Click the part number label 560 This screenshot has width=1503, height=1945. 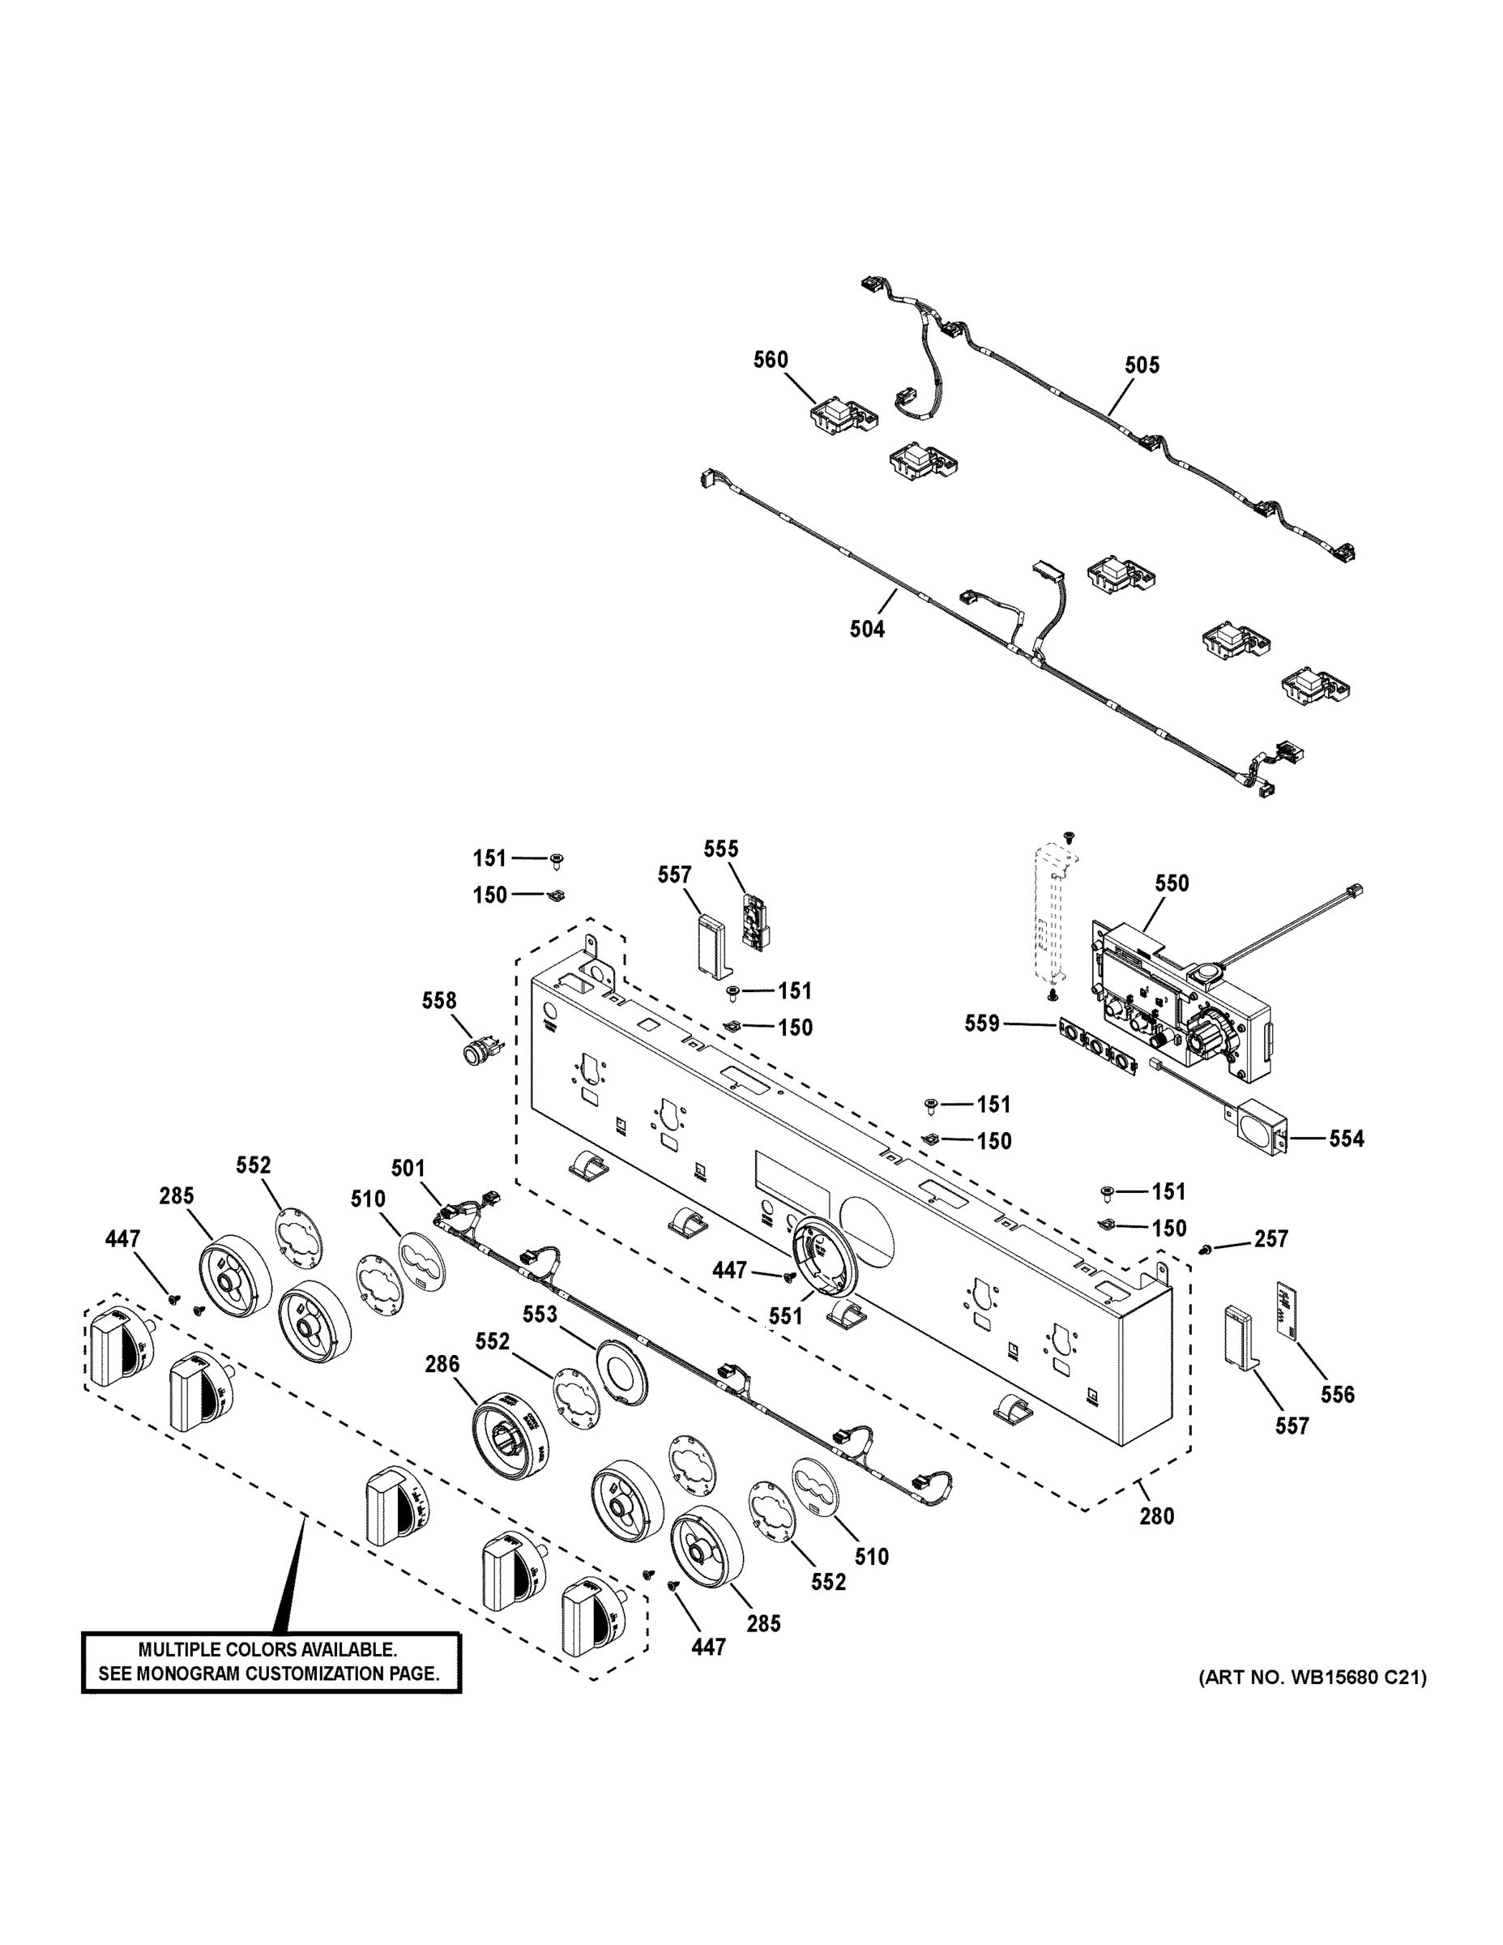[771, 360]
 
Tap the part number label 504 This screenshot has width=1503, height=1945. [866, 630]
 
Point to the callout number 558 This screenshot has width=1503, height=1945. [439, 1001]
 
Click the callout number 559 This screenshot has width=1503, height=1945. [982, 1024]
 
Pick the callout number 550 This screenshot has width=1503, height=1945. [1172, 883]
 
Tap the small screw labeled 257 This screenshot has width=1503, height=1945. [1207, 1251]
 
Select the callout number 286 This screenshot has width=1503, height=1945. [442, 1363]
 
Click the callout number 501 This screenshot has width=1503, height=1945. [408, 1169]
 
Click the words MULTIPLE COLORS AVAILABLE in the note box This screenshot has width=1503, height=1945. [268, 1650]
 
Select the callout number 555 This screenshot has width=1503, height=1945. [721, 849]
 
